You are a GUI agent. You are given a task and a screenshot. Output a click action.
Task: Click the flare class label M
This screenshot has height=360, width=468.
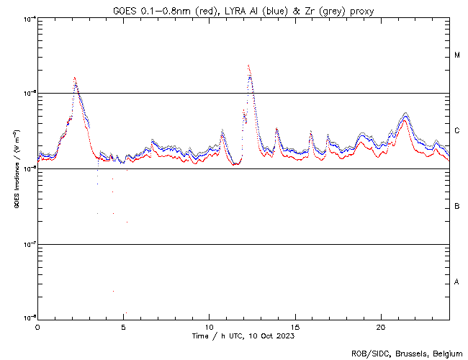click(x=457, y=55)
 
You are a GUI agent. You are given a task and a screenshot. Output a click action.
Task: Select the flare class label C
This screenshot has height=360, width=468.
click(x=457, y=131)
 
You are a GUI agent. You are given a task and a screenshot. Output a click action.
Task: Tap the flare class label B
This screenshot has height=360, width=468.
click(x=457, y=207)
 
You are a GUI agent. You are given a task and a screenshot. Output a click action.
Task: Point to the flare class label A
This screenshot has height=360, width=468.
click(x=457, y=282)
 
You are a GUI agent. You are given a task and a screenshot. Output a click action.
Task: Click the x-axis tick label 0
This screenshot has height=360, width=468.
click(x=37, y=326)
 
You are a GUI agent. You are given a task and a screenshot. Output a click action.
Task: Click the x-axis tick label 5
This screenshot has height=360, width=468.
click(x=123, y=326)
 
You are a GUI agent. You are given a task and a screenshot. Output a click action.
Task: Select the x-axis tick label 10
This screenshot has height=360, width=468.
click(x=209, y=326)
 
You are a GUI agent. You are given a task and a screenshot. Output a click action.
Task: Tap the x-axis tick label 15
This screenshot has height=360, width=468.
click(x=295, y=326)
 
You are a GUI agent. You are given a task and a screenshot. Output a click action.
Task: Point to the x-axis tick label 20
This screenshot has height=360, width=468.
click(x=381, y=326)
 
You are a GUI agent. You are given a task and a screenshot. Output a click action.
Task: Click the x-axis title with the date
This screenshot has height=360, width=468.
click(x=243, y=336)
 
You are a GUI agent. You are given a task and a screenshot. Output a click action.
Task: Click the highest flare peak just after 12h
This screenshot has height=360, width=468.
click(x=248, y=66)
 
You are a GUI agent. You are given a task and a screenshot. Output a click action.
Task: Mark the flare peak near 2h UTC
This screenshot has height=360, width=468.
click(x=74, y=78)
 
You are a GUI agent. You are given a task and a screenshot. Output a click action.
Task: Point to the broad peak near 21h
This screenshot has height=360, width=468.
click(x=405, y=115)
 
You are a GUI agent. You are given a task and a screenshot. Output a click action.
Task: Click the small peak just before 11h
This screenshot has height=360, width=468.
click(x=222, y=131)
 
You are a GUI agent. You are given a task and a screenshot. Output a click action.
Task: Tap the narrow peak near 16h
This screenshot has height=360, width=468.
click(x=311, y=132)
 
